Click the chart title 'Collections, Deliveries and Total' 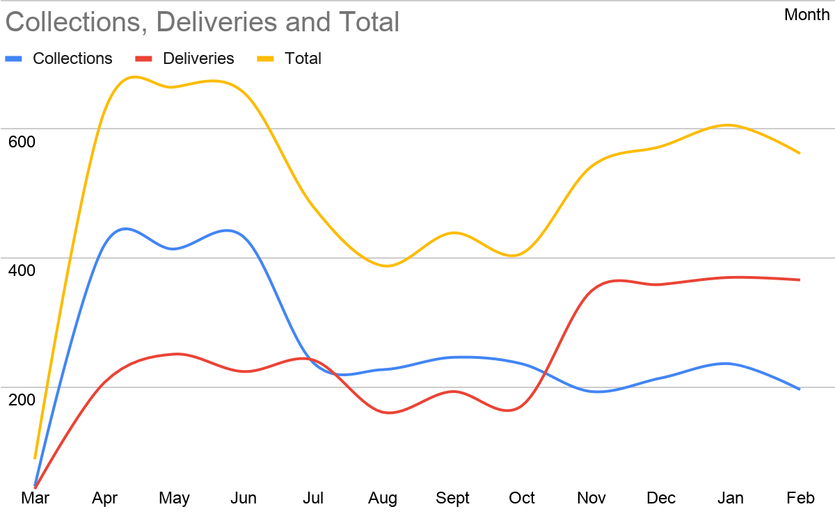pos(202,22)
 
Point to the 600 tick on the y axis pos(22,141)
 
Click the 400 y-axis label pos(22,270)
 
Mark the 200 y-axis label pos(22,399)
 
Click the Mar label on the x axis pos(35,498)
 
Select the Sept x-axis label pos(452,498)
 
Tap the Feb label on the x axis pos(800,498)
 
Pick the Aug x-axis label pos(383,498)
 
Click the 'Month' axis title pos(806,15)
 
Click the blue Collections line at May pos(174,248)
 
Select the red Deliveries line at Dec pos(661,284)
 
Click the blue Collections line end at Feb pos(800,389)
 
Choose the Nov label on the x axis pos(591,498)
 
